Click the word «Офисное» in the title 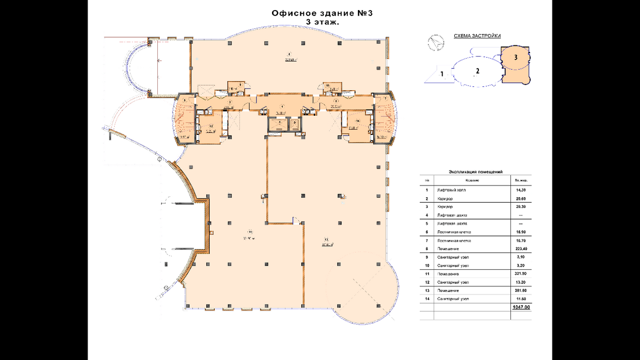coord(293,13)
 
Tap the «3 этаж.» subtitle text coord(322,22)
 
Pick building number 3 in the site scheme coord(515,55)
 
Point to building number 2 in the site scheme coord(478,70)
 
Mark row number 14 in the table coord(426,299)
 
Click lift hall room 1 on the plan coord(282,106)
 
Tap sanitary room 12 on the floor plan coord(211,130)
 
